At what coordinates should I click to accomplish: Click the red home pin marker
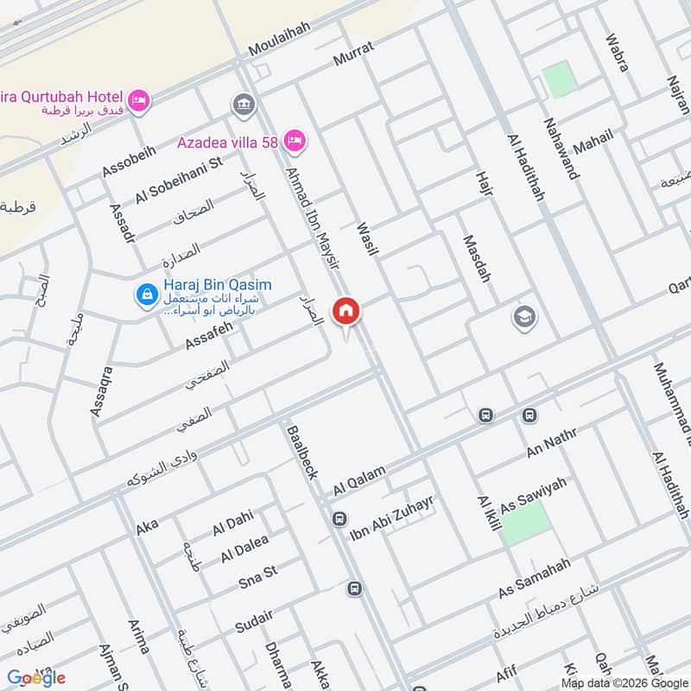click(346, 311)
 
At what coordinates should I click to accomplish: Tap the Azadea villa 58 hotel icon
click(295, 140)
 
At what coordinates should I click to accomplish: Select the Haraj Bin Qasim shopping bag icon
click(146, 295)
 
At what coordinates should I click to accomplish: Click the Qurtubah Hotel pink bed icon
click(138, 101)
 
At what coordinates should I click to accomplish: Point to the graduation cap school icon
click(523, 318)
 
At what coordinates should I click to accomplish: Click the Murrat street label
click(353, 54)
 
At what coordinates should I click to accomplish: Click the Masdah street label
click(476, 258)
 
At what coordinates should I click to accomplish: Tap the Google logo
click(36, 677)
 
